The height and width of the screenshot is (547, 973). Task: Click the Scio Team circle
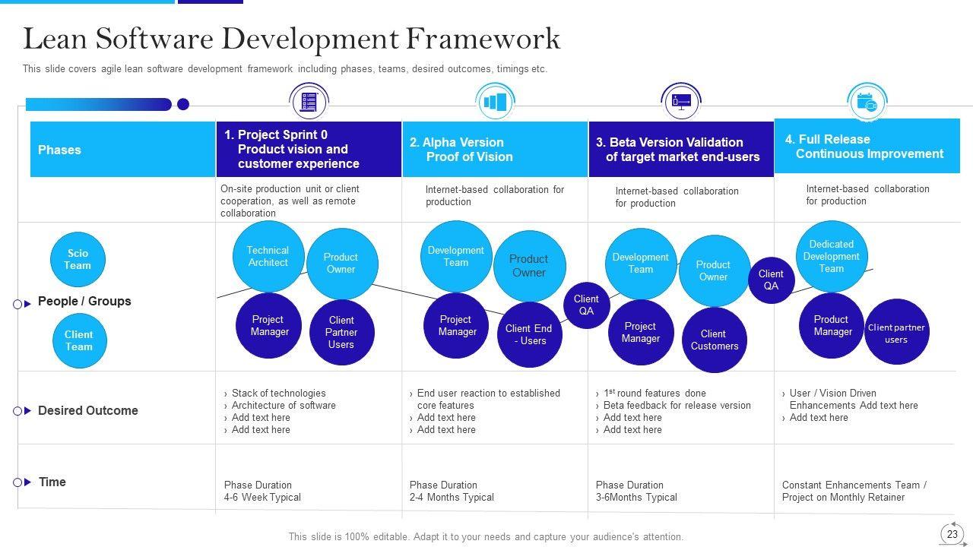point(78,260)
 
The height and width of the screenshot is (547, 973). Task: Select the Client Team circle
point(79,341)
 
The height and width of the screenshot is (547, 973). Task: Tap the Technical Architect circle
point(268,257)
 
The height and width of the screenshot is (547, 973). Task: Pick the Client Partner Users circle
point(341,333)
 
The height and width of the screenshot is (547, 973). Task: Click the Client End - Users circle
point(529,335)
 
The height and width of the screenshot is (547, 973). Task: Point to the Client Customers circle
point(714,340)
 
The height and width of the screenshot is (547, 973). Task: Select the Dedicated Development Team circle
point(832,257)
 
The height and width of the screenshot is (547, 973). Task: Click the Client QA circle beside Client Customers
point(771,280)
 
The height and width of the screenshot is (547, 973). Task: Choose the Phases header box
point(122,150)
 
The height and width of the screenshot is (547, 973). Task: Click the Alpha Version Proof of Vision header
point(495,150)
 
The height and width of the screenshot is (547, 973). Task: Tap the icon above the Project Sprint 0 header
point(309,102)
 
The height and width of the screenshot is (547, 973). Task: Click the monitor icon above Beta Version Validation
point(681,101)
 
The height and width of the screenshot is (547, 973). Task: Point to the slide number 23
point(952,534)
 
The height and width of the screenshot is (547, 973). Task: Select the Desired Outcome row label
point(88,411)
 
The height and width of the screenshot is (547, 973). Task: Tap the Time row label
point(52,482)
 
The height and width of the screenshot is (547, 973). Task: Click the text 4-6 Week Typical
point(262,498)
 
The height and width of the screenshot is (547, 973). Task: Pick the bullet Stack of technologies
point(278,394)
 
